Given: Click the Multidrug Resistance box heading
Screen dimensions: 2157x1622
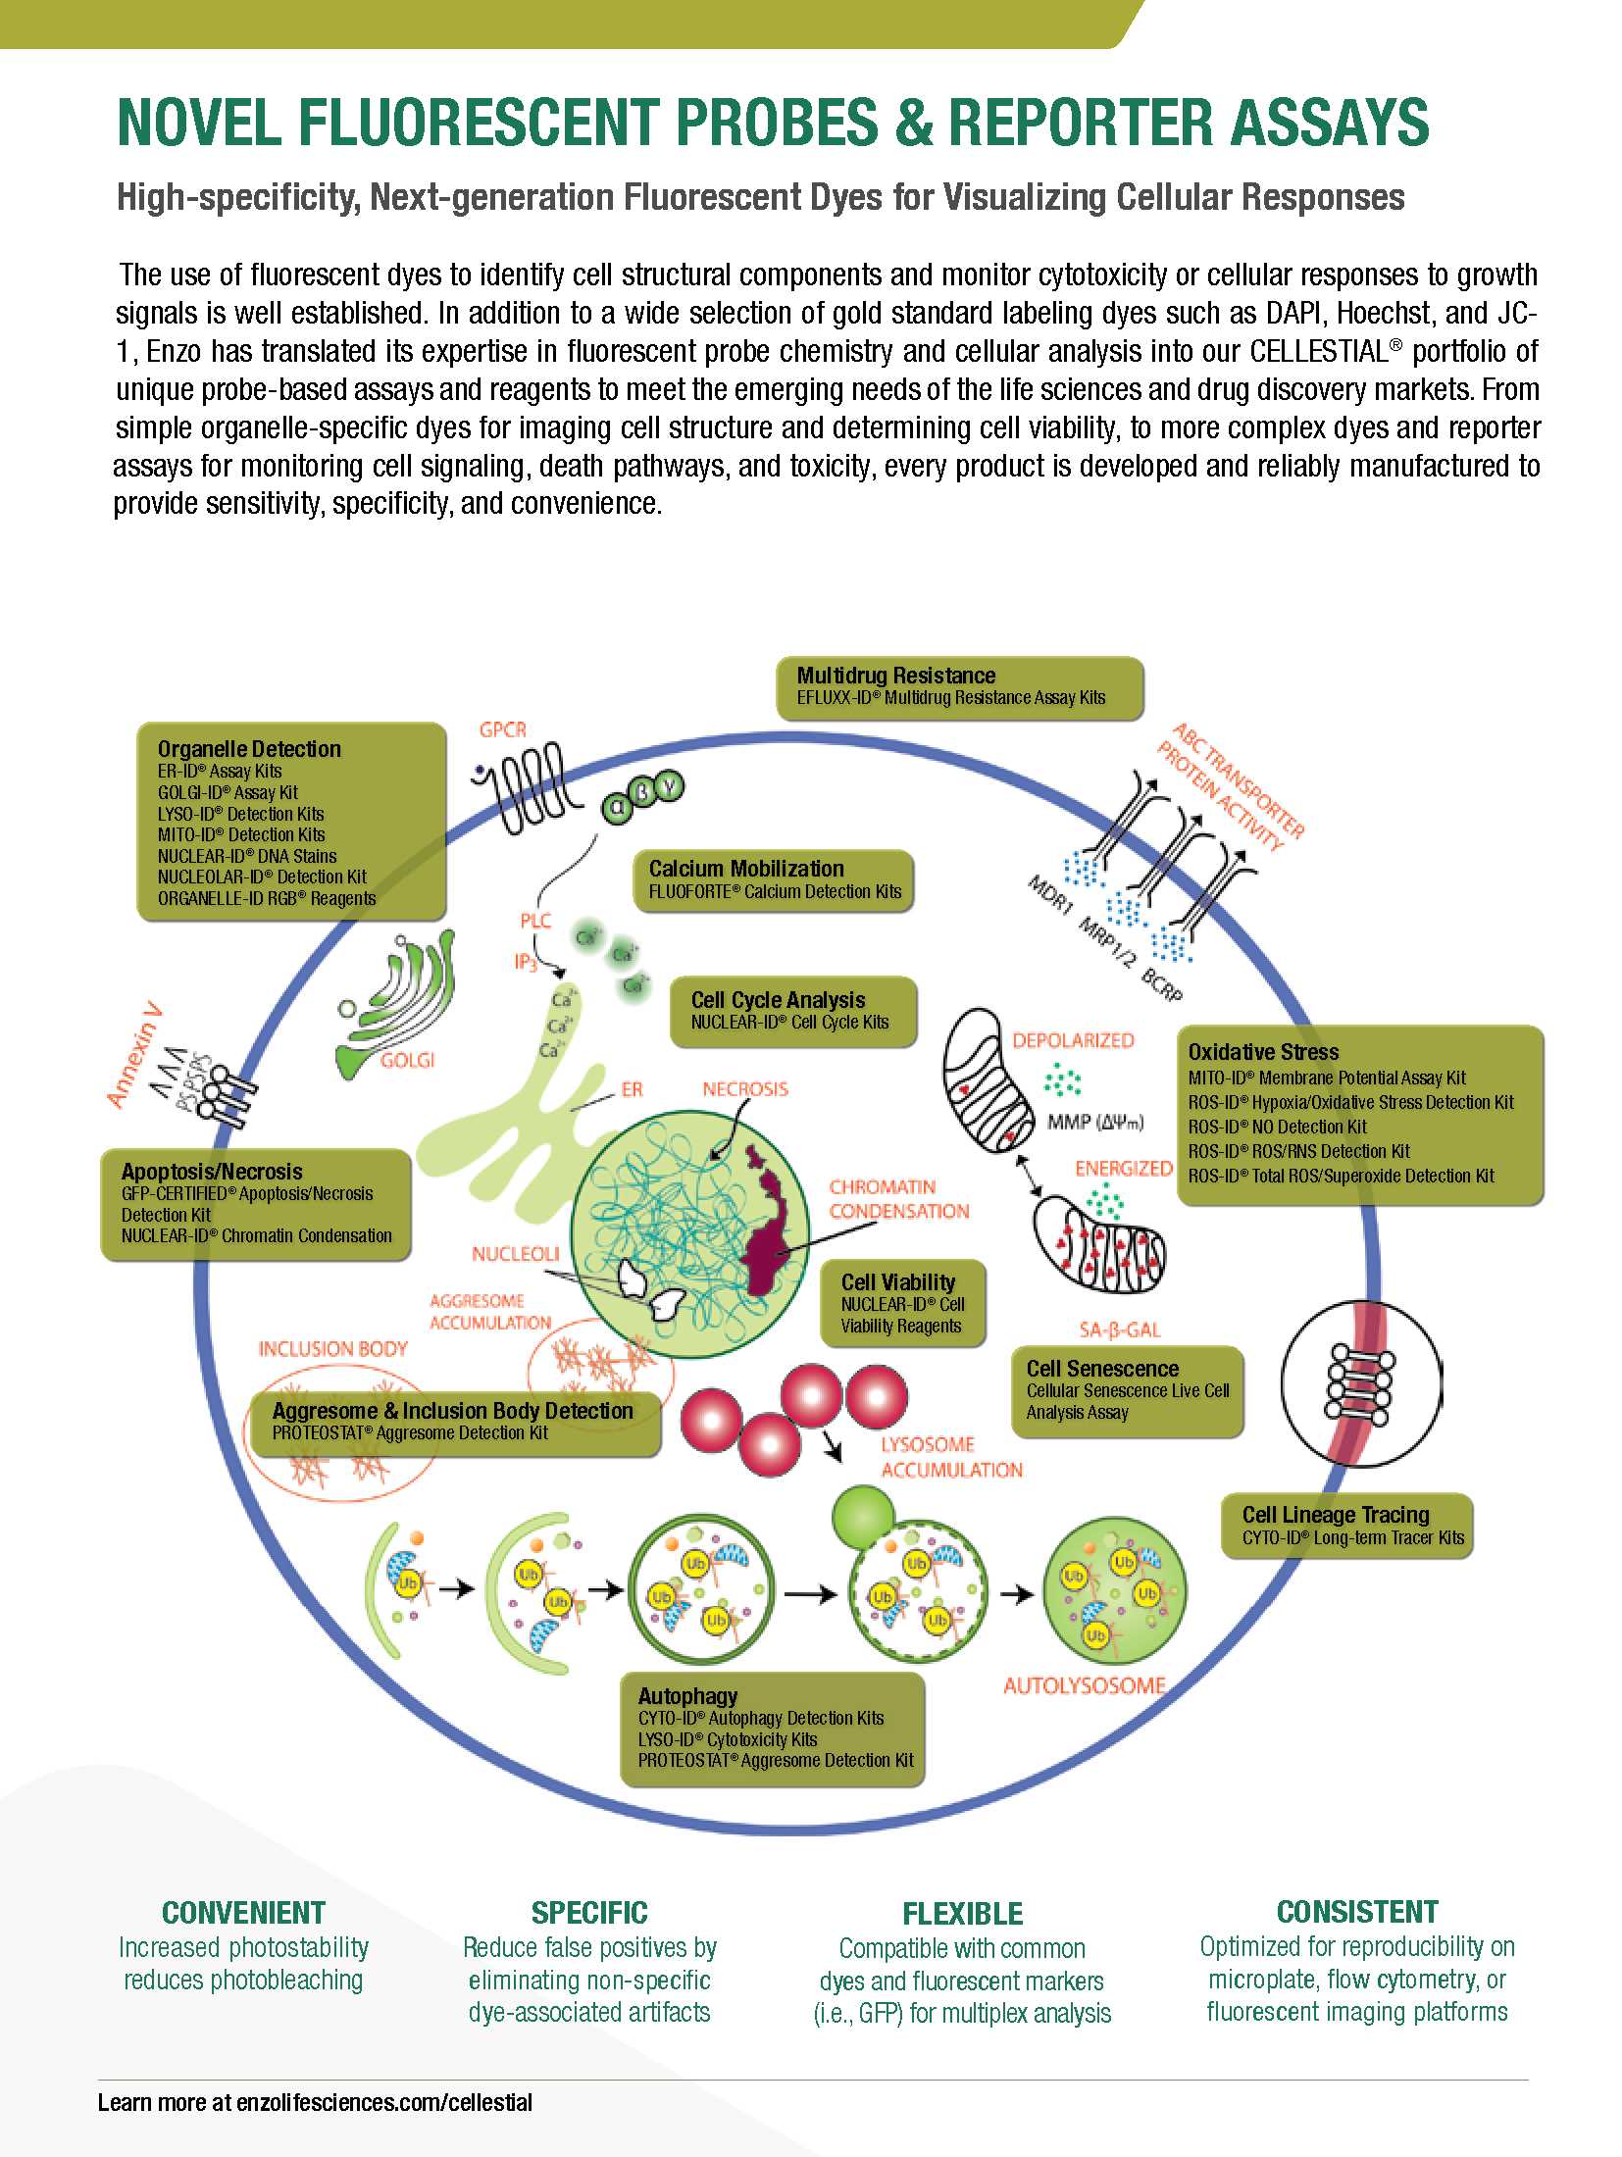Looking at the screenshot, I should pos(895,676).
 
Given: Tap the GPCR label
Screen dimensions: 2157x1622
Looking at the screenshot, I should pos(502,729).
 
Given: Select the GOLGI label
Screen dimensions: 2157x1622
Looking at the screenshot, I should pos(407,1060).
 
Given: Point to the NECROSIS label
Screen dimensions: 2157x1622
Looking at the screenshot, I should pos(744,1088).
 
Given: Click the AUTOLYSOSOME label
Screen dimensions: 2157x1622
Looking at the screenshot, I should pos(1084,1685).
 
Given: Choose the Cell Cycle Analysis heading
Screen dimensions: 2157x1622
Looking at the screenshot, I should pos(778,1000).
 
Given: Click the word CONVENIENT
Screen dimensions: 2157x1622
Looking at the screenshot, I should pos(243,1913).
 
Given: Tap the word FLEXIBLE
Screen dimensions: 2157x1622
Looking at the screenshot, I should pos(962,1914).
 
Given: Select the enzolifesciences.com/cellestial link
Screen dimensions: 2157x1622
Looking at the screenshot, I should pos(383,2102).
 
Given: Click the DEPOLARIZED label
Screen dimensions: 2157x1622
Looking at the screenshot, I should pos(1073,1040).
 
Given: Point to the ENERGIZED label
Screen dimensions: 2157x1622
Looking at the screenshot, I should pos(1124,1169).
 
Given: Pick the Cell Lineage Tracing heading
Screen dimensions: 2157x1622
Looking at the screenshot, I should pos(1336,1515).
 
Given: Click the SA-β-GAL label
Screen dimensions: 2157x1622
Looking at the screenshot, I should pos(1119,1329).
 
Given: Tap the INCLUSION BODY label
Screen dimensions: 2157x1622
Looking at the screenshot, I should pos(332,1349).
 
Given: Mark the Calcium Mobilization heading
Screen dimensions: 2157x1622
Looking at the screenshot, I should pos(745,869).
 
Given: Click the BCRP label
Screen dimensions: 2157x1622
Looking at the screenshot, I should pos(1162,983).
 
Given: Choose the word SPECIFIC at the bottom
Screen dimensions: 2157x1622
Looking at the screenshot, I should pos(589,1913).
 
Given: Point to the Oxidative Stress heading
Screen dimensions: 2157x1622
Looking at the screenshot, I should pos(1263,1052).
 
